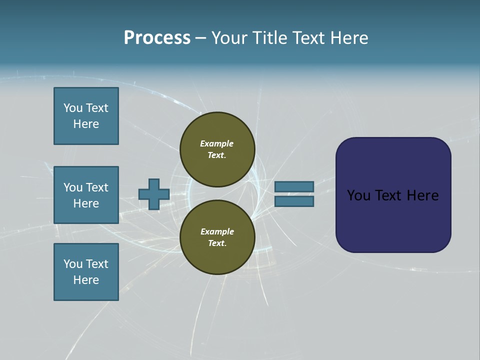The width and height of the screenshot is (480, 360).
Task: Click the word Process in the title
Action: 157,38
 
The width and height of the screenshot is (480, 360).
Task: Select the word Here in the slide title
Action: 349,38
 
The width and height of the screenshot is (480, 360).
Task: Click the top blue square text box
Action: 86,116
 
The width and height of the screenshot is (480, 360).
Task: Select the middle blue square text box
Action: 86,195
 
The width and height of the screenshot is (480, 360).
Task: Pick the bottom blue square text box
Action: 86,272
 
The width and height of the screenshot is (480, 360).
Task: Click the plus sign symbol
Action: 153,194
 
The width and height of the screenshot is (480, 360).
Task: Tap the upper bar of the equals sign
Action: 294,186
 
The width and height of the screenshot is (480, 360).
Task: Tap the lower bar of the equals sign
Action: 294,201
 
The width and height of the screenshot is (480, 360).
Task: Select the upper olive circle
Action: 217,149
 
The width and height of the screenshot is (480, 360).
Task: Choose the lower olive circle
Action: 217,237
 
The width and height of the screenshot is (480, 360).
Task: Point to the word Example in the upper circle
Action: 217,143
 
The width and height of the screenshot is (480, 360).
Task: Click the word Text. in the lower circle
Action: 217,243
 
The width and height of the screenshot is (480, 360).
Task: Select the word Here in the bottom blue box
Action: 86,280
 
